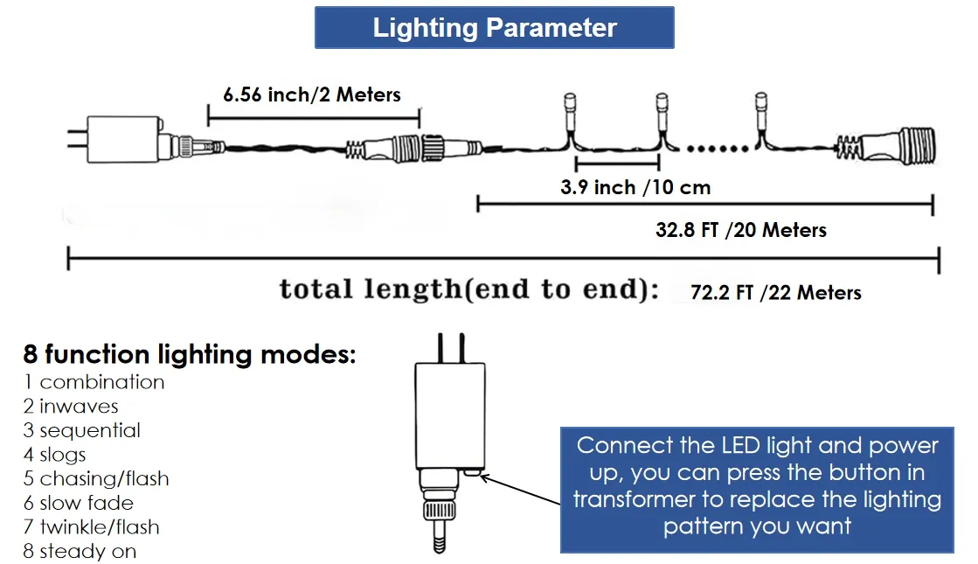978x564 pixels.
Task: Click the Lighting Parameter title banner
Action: click(494, 28)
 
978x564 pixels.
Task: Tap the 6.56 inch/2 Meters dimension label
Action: click(312, 94)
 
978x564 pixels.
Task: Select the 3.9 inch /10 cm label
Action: click(635, 187)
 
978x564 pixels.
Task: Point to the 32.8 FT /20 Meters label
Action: click(741, 230)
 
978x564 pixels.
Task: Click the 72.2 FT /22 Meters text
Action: click(776, 293)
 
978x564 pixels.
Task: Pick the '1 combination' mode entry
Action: click(94, 382)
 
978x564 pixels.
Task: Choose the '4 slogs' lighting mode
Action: click(55, 455)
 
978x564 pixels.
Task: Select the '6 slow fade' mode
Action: click(79, 503)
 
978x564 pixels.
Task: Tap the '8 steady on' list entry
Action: click(80, 552)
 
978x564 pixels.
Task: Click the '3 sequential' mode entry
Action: click(82, 430)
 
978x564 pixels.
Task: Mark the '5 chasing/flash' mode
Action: click(96, 479)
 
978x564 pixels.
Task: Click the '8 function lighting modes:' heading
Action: click(190, 355)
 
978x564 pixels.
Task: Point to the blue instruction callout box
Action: click(757, 486)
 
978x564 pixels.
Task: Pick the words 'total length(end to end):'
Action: click(469, 290)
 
